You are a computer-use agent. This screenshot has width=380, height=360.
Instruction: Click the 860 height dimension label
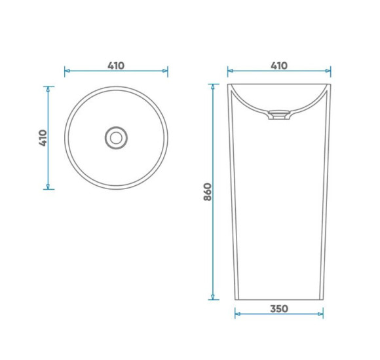[208, 192]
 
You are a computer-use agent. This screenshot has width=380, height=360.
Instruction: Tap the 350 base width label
[279, 309]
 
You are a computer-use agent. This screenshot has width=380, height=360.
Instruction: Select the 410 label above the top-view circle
[116, 65]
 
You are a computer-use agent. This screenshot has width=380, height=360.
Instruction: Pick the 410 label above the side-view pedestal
[279, 65]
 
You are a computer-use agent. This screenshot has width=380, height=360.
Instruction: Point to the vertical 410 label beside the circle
[43, 138]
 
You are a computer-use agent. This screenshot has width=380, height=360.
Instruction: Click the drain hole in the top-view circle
[116, 138]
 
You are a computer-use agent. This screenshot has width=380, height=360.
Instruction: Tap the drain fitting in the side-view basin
[279, 115]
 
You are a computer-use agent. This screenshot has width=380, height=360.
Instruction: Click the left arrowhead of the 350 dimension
[237, 314]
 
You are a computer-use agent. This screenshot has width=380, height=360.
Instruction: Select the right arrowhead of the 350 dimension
[320, 314]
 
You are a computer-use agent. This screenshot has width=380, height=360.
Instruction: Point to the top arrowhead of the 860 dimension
[213, 86]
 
